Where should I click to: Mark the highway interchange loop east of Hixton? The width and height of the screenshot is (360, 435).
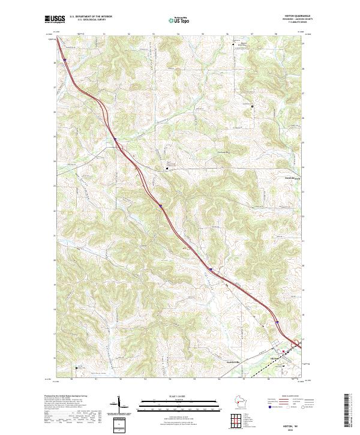point(297,343)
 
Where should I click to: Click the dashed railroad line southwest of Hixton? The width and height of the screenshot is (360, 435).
point(258,370)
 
